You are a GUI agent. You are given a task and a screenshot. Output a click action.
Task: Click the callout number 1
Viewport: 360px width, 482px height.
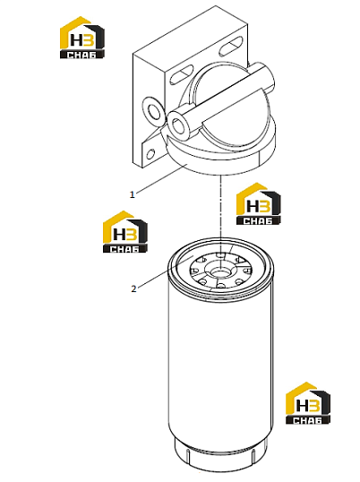132,194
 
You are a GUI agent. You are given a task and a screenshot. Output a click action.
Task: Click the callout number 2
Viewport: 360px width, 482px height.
133,289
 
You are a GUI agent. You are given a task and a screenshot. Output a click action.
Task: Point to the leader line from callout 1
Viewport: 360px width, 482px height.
161,179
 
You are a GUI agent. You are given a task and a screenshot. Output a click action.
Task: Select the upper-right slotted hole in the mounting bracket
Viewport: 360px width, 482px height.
231,47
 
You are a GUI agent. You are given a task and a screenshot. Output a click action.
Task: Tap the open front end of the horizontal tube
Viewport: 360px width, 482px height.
178,125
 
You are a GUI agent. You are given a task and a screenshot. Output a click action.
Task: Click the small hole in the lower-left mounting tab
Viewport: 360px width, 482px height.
150,153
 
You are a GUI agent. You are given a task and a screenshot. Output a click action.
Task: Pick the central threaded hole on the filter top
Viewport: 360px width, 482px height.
220,271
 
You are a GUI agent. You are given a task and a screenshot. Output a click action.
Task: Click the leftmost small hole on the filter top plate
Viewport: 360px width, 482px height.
194,271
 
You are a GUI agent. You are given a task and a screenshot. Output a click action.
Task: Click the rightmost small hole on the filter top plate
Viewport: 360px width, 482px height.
247,271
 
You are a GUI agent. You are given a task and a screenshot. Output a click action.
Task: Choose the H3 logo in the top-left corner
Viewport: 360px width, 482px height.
82,38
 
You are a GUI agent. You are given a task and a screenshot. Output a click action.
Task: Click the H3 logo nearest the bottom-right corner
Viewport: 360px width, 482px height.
308,403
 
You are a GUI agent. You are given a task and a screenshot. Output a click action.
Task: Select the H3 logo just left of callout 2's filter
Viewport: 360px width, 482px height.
125,232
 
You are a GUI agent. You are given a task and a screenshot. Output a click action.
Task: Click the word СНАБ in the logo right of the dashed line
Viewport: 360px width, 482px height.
258,220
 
